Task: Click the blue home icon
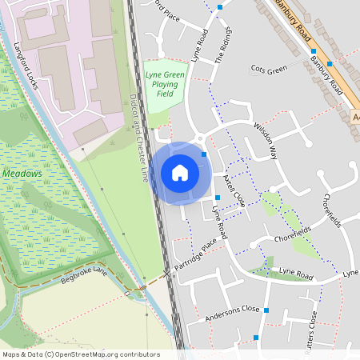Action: click(180, 173)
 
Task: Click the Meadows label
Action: click(22, 173)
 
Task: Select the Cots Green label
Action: click(269, 70)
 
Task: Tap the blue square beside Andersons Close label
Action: click(266, 310)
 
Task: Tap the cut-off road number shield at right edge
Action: click(355, 117)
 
